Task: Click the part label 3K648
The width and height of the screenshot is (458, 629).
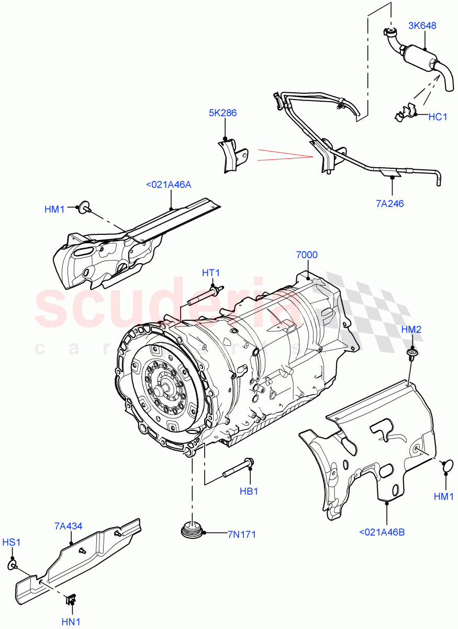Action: (x=422, y=25)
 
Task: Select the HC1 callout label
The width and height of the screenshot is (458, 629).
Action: (x=438, y=117)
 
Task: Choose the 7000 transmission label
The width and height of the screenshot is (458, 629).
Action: (x=307, y=255)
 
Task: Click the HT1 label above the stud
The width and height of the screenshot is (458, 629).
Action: (x=211, y=273)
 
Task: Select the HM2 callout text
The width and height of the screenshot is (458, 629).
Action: (x=411, y=330)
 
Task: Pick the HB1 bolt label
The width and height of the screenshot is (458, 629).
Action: (x=249, y=491)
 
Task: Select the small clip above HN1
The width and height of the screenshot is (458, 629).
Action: (x=72, y=598)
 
